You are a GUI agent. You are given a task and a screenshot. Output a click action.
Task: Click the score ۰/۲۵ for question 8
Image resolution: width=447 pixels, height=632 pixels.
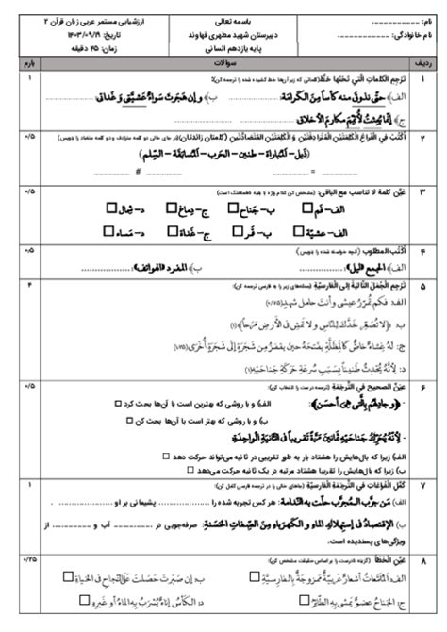[x=27, y=559]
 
